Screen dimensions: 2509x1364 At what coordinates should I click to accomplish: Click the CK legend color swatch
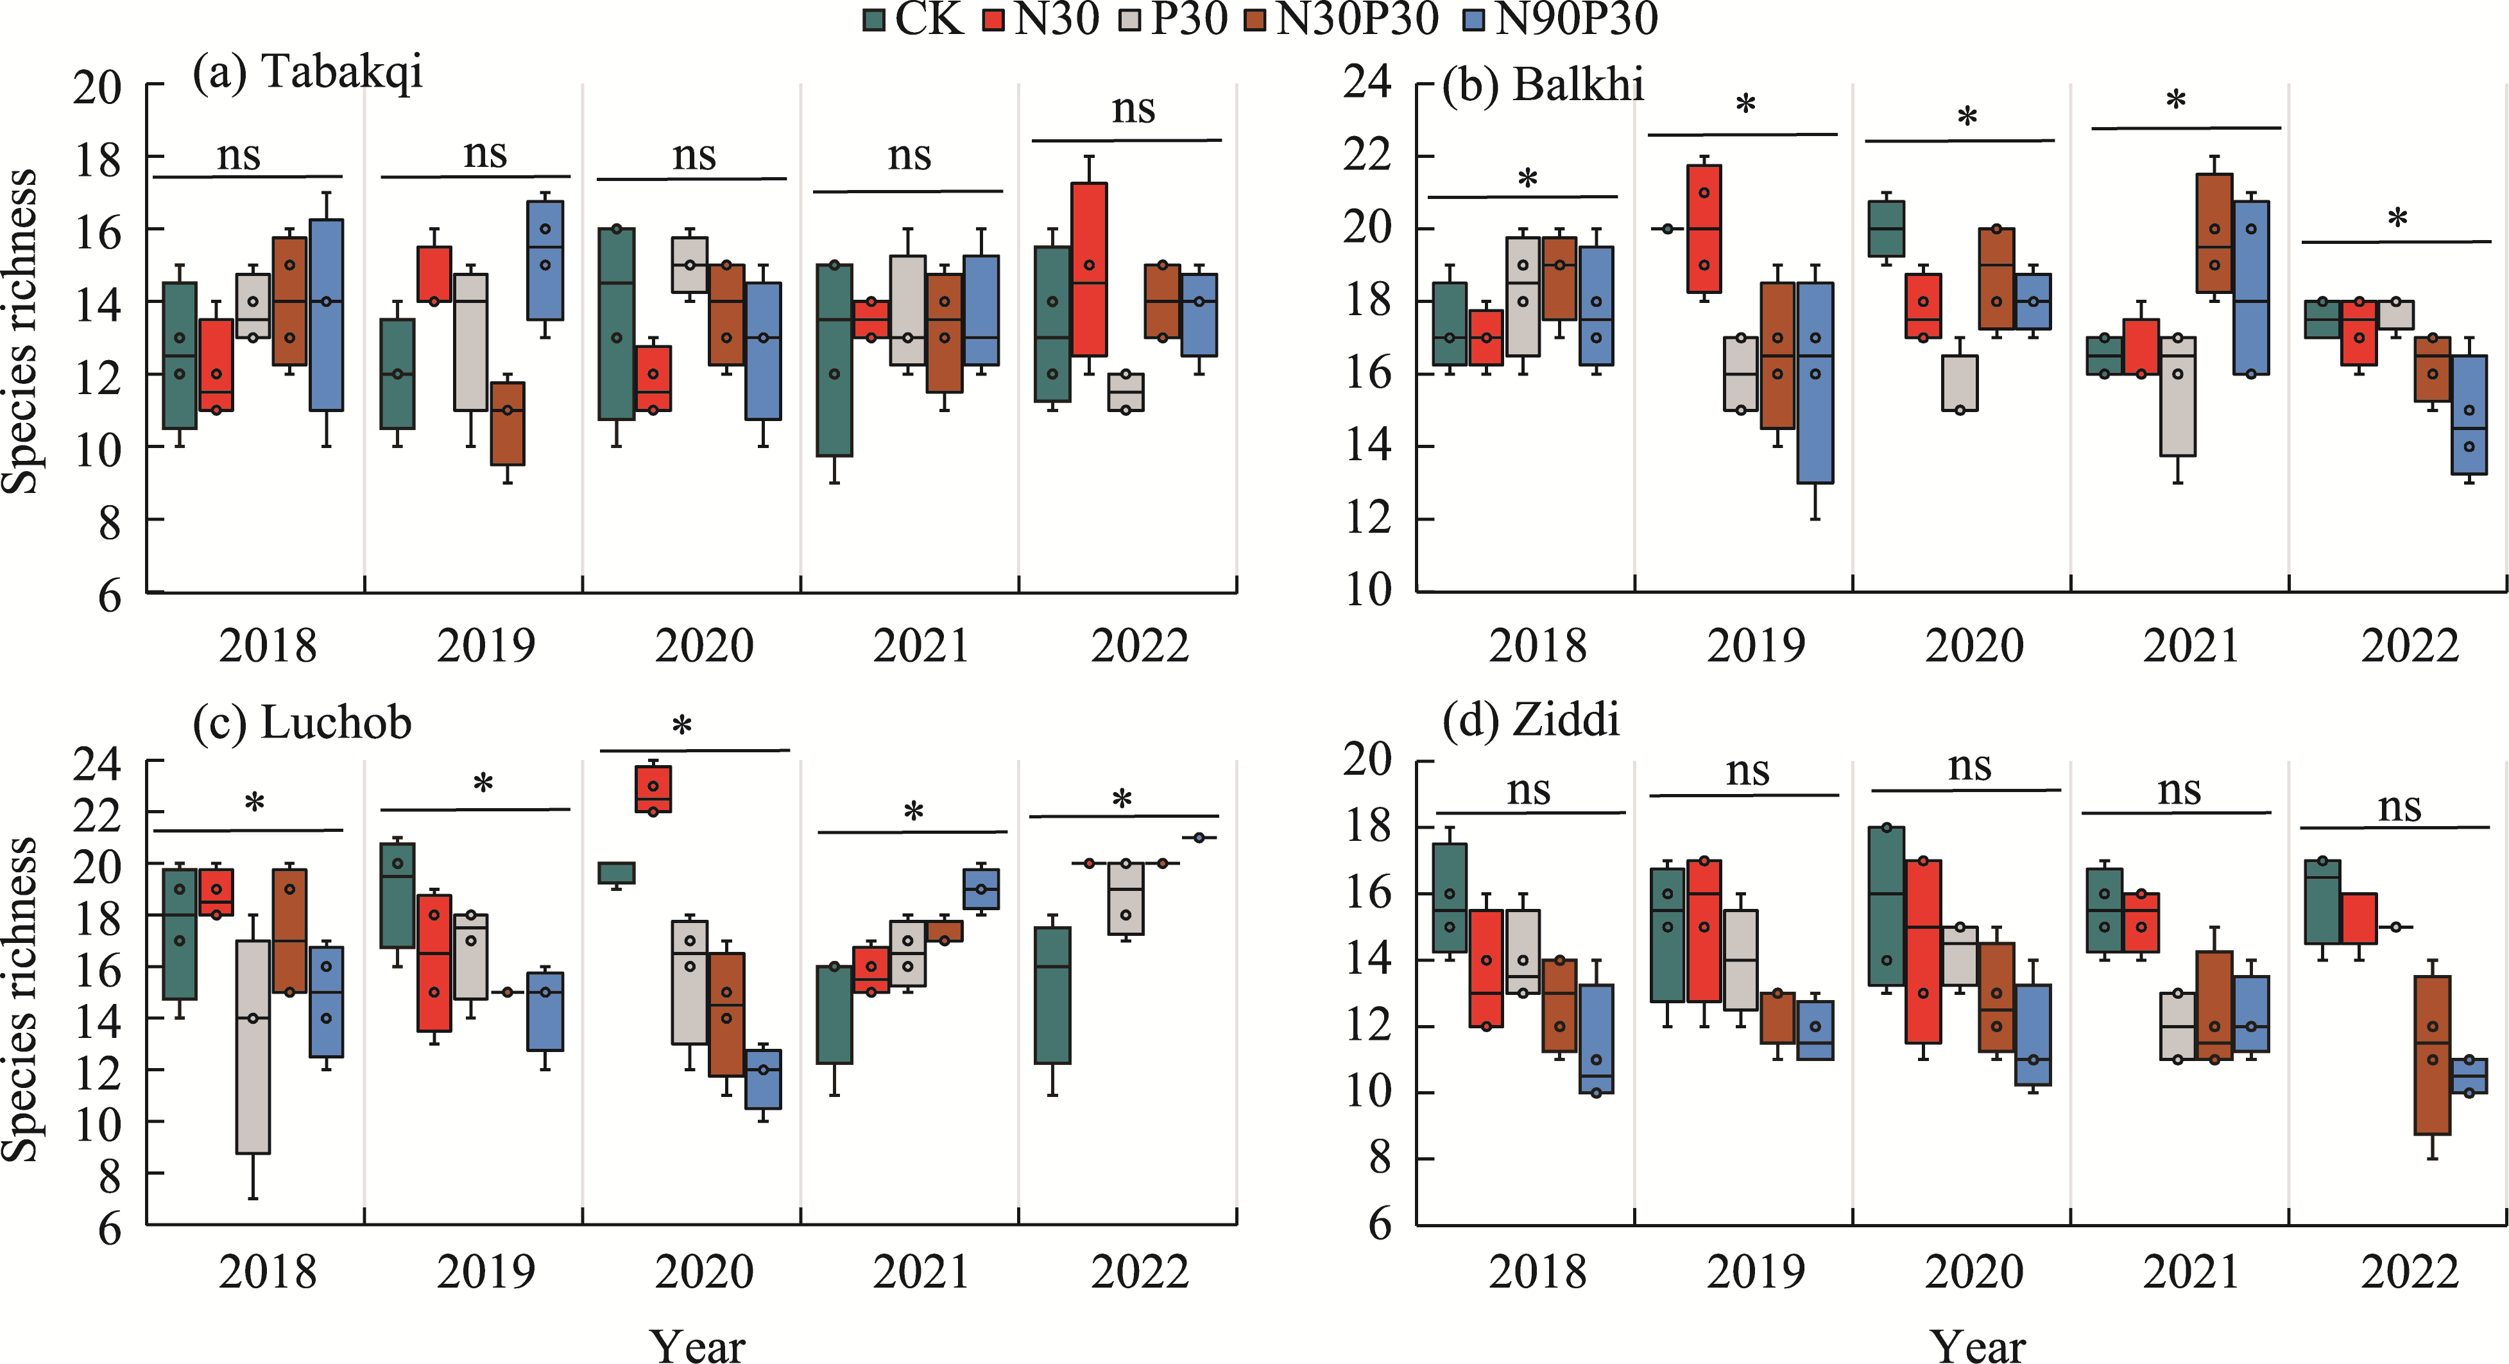click(x=874, y=19)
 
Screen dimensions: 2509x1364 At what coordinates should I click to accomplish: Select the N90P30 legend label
click(x=1576, y=19)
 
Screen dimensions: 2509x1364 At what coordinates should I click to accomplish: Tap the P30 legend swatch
click(x=1130, y=19)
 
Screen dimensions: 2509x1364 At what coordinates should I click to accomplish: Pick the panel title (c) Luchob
click(x=302, y=723)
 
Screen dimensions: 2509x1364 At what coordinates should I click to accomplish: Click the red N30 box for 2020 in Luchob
click(x=653, y=789)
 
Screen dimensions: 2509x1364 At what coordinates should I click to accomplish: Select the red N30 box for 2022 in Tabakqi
click(x=1089, y=269)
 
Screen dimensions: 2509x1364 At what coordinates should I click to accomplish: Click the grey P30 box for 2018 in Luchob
click(x=253, y=1048)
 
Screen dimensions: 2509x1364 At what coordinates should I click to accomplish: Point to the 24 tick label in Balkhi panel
click(x=1367, y=82)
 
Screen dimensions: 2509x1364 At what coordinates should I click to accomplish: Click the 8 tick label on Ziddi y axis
click(x=1380, y=1159)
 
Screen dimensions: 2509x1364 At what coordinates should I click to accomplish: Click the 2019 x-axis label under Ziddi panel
click(x=1755, y=1272)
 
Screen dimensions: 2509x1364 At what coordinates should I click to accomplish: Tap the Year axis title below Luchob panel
click(x=698, y=1345)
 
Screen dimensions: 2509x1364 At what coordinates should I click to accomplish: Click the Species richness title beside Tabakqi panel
click(x=19, y=331)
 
